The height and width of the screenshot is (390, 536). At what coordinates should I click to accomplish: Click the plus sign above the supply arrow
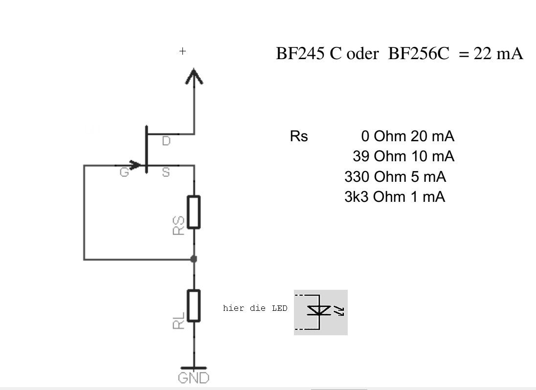coord(182,51)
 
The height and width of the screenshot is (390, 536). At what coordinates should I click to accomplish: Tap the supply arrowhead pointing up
coord(194,77)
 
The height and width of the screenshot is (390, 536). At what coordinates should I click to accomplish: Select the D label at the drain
coord(166,141)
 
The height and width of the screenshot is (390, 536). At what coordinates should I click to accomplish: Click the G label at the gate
coord(125,173)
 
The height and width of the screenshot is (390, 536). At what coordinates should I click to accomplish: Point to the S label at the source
coord(166,173)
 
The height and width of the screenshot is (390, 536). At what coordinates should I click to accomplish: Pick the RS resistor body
coord(194,212)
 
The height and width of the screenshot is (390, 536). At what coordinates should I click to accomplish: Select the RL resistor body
coord(194,305)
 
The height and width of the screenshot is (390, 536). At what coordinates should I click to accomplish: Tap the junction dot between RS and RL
coord(194,259)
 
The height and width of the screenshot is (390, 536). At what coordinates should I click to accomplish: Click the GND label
coord(194,378)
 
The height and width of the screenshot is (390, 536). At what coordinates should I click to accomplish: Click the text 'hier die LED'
coord(255,308)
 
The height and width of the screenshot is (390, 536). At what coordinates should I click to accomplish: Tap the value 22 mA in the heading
coord(498,54)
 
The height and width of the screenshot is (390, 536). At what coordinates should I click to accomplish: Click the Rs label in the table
coord(299,136)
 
